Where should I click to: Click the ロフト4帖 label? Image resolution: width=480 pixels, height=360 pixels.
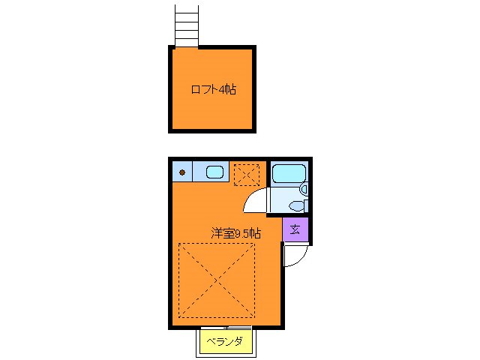213,89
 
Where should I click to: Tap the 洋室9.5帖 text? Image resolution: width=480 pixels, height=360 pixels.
235,233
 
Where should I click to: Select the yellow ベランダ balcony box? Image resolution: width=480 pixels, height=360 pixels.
228,343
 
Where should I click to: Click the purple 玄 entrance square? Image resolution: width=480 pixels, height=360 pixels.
295,230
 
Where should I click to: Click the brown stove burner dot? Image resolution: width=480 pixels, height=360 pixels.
181,173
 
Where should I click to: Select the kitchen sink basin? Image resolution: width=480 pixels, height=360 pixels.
214,172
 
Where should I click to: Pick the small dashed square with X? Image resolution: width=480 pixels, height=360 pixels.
245,175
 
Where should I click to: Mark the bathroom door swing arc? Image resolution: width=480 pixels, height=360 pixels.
256,201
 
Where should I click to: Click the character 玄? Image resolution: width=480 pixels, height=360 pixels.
295,230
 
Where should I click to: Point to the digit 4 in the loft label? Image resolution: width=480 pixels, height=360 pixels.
223,90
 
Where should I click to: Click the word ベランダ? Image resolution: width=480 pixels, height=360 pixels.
228,343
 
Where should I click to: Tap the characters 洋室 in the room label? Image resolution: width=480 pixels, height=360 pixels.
221,233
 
